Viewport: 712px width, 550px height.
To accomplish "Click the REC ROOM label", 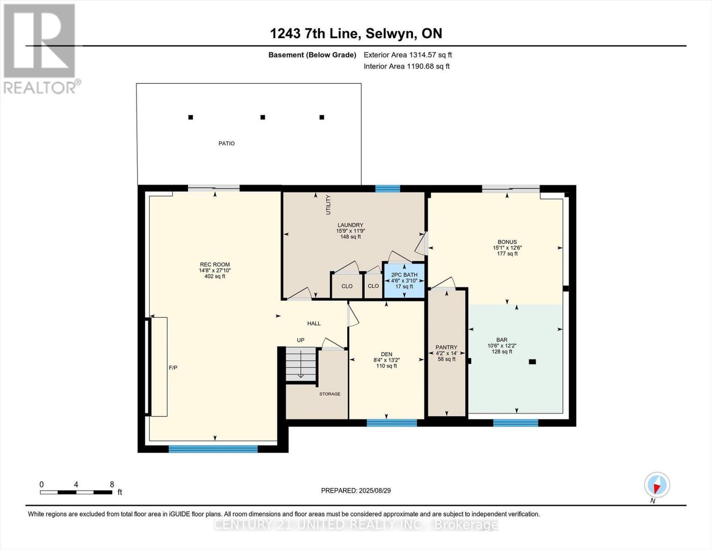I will point(215,264).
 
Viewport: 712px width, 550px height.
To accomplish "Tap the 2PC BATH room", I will point(404,280).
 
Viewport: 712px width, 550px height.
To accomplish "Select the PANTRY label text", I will point(447,347).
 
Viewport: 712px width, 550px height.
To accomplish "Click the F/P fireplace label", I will point(173,368).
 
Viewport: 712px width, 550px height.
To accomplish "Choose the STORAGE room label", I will point(330,394).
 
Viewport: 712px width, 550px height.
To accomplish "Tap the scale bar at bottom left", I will point(76,492).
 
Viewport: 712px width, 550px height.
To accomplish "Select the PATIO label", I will point(226,143).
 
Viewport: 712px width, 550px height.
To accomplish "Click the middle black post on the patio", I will point(263,117).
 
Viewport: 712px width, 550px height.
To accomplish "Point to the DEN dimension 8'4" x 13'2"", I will point(386,360).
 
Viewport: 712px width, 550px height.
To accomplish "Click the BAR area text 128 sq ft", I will point(502,352).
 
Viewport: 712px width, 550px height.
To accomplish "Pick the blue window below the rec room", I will point(213,449).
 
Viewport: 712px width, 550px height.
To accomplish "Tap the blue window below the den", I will point(392,423).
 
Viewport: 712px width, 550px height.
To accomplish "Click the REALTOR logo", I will point(40,48).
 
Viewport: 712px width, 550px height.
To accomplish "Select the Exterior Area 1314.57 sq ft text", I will point(408,55).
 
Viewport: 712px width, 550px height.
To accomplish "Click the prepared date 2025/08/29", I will point(356,490).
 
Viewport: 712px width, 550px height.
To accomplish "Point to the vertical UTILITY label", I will point(328,204).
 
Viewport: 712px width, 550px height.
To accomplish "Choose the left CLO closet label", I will point(347,286).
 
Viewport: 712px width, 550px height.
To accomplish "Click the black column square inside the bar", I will point(532,362).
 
